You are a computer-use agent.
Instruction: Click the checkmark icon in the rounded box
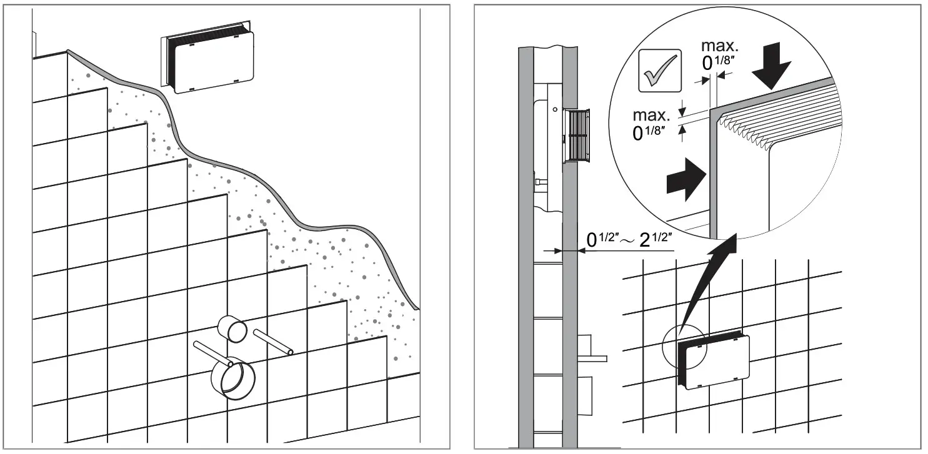[x=659, y=70]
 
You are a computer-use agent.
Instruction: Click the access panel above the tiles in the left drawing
[x=210, y=62]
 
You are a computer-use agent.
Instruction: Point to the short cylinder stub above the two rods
[x=232, y=329]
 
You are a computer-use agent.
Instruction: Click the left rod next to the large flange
[x=212, y=352]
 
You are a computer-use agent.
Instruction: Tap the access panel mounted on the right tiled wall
[x=716, y=362]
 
